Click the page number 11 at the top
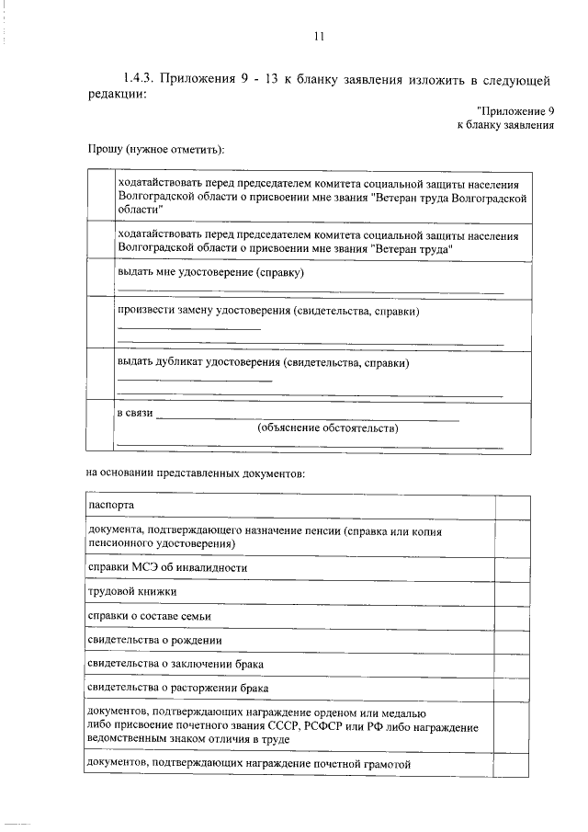click(x=318, y=37)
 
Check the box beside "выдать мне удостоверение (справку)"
click(x=99, y=279)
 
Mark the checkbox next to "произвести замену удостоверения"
click(x=99, y=323)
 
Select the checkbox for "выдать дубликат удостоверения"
click(x=99, y=375)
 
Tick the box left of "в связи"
click(x=99, y=428)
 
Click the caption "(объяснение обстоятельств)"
click(x=328, y=428)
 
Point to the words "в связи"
click(x=133, y=415)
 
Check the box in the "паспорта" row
click(x=511, y=507)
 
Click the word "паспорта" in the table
click(x=111, y=507)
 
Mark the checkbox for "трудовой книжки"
click(x=511, y=591)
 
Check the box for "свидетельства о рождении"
click(x=511, y=639)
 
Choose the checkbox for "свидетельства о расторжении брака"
click(x=511, y=687)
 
